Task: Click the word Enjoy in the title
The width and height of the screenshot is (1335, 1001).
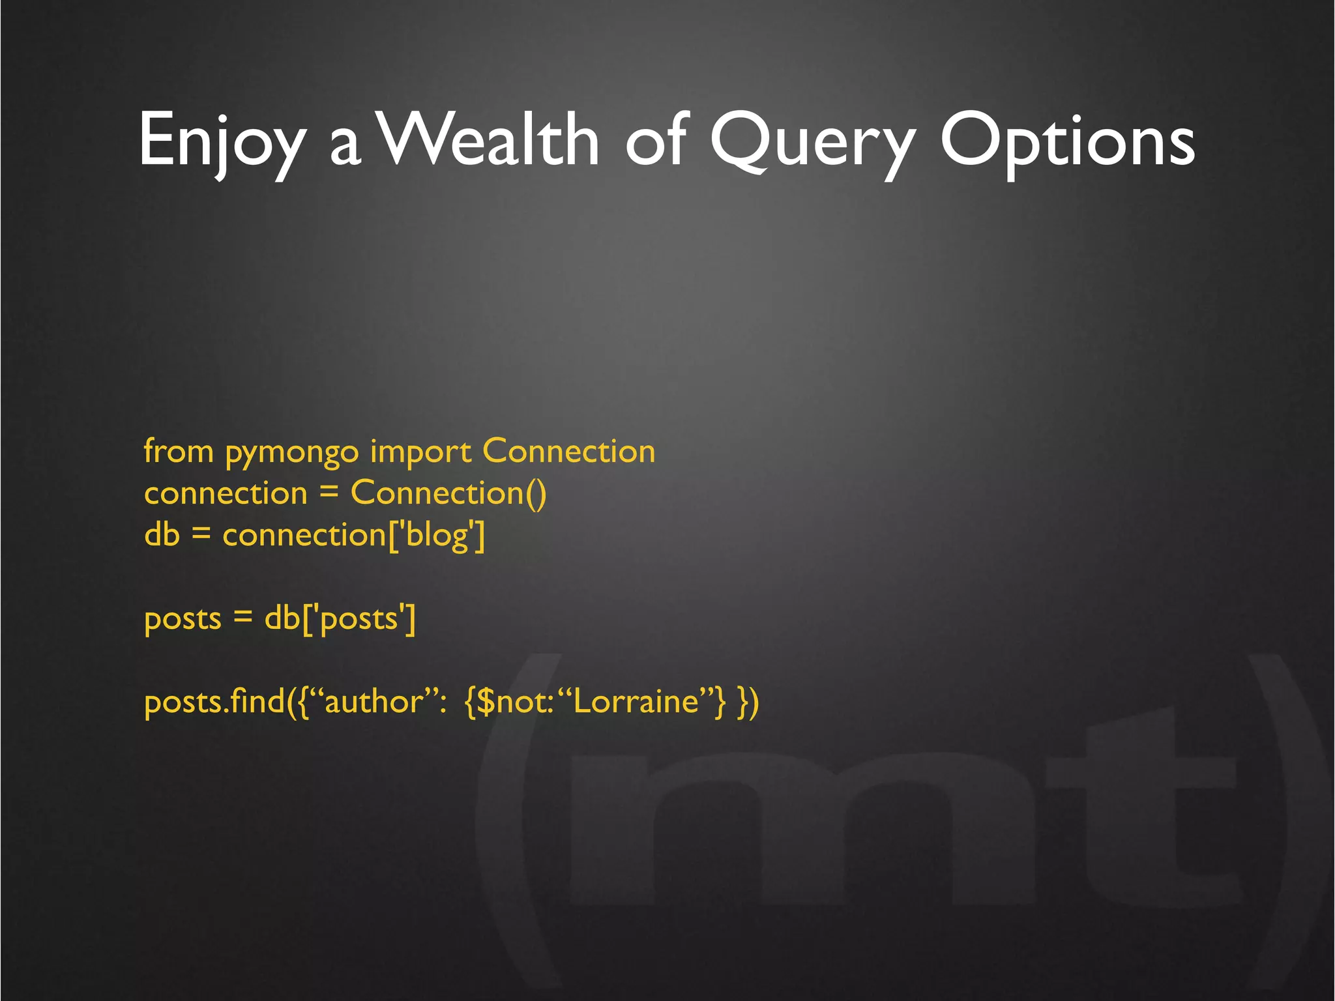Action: tap(222, 140)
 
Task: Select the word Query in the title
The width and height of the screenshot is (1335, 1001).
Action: tap(812, 140)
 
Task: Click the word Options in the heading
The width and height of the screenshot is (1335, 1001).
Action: tap(1067, 140)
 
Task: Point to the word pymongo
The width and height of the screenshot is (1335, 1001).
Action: tap(292, 453)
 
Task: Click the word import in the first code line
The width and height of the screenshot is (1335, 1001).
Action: tap(420, 453)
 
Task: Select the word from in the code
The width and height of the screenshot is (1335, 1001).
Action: tap(179, 451)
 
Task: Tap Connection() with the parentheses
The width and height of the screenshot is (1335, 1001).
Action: tap(448, 493)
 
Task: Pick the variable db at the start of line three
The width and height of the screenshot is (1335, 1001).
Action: tap(162, 535)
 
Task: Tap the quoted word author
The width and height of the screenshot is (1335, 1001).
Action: tap(374, 702)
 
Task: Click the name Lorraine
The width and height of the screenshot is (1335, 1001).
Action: tap(636, 702)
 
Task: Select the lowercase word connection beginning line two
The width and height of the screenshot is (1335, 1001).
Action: tap(226, 494)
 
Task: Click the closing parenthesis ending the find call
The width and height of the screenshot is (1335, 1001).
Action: tap(754, 703)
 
